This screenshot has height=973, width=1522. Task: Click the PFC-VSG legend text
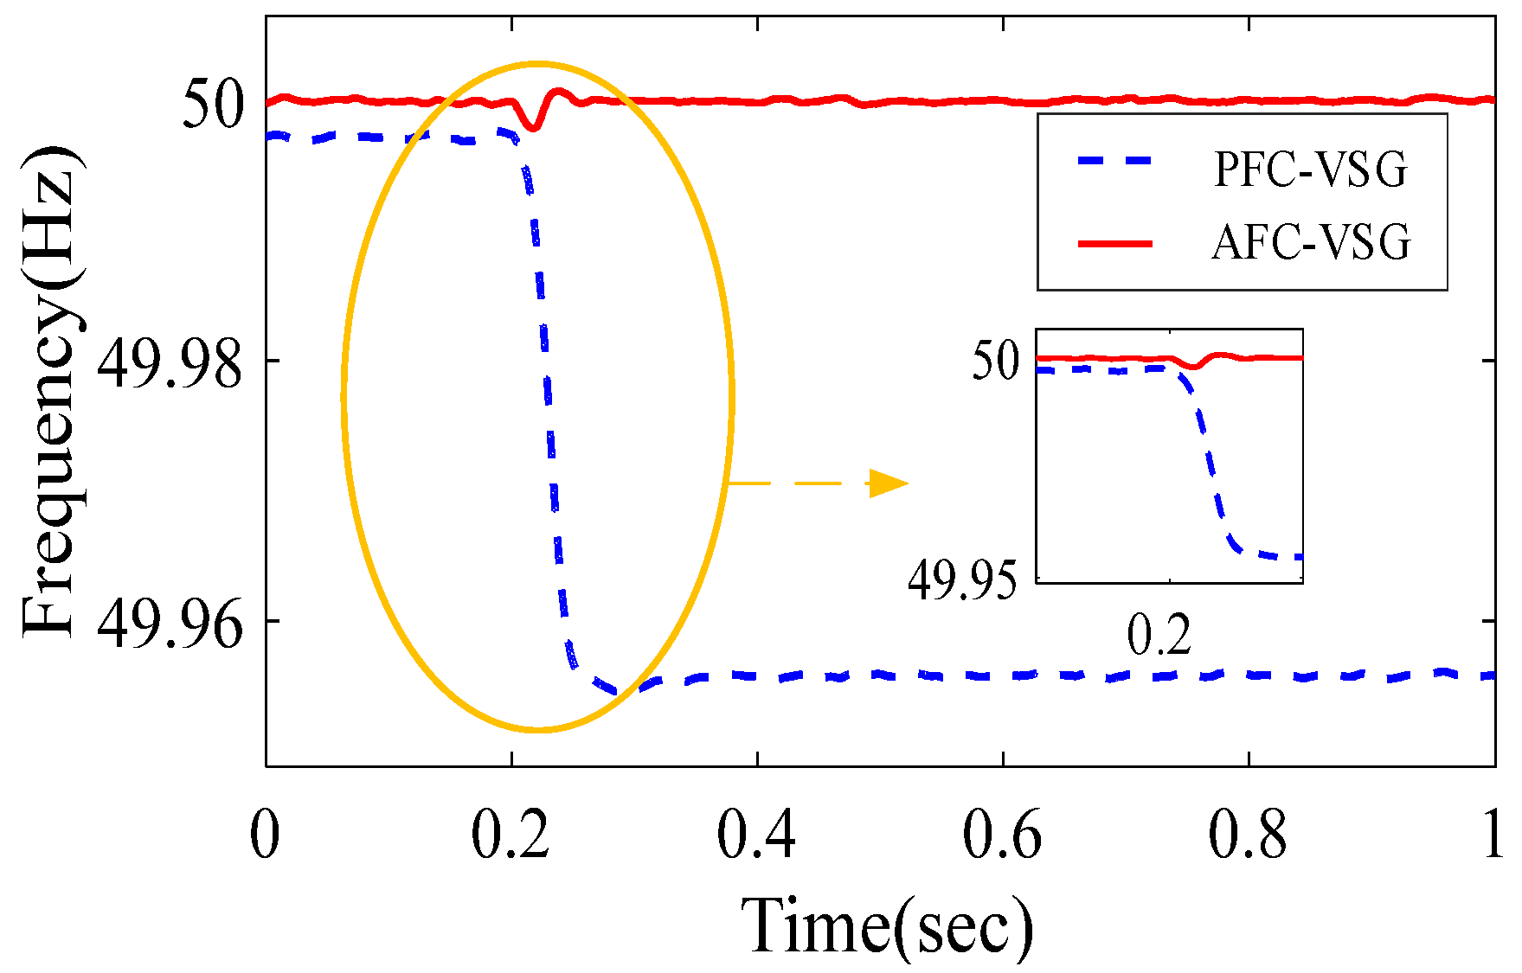pyautogui.click(x=1310, y=170)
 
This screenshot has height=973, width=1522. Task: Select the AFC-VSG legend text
pyautogui.click(x=1310, y=242)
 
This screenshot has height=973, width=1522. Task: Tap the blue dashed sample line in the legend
pyautogui.click(x=1116, y=161)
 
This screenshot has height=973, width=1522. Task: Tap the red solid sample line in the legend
pyautogui.click(x=1116, y=244)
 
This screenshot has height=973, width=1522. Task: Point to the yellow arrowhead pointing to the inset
pyautogui.click(x=889, y=483)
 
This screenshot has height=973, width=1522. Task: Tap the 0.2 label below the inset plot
pyautogui.click(x=1159, y=636)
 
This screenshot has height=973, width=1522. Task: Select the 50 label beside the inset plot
pyautogui.click(x=996, y=361)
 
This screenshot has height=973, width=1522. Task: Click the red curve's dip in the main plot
pyautogui.click(x=535, y=127)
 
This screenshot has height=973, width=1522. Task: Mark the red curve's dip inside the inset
pyautogui.click(x=1193, y=367)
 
